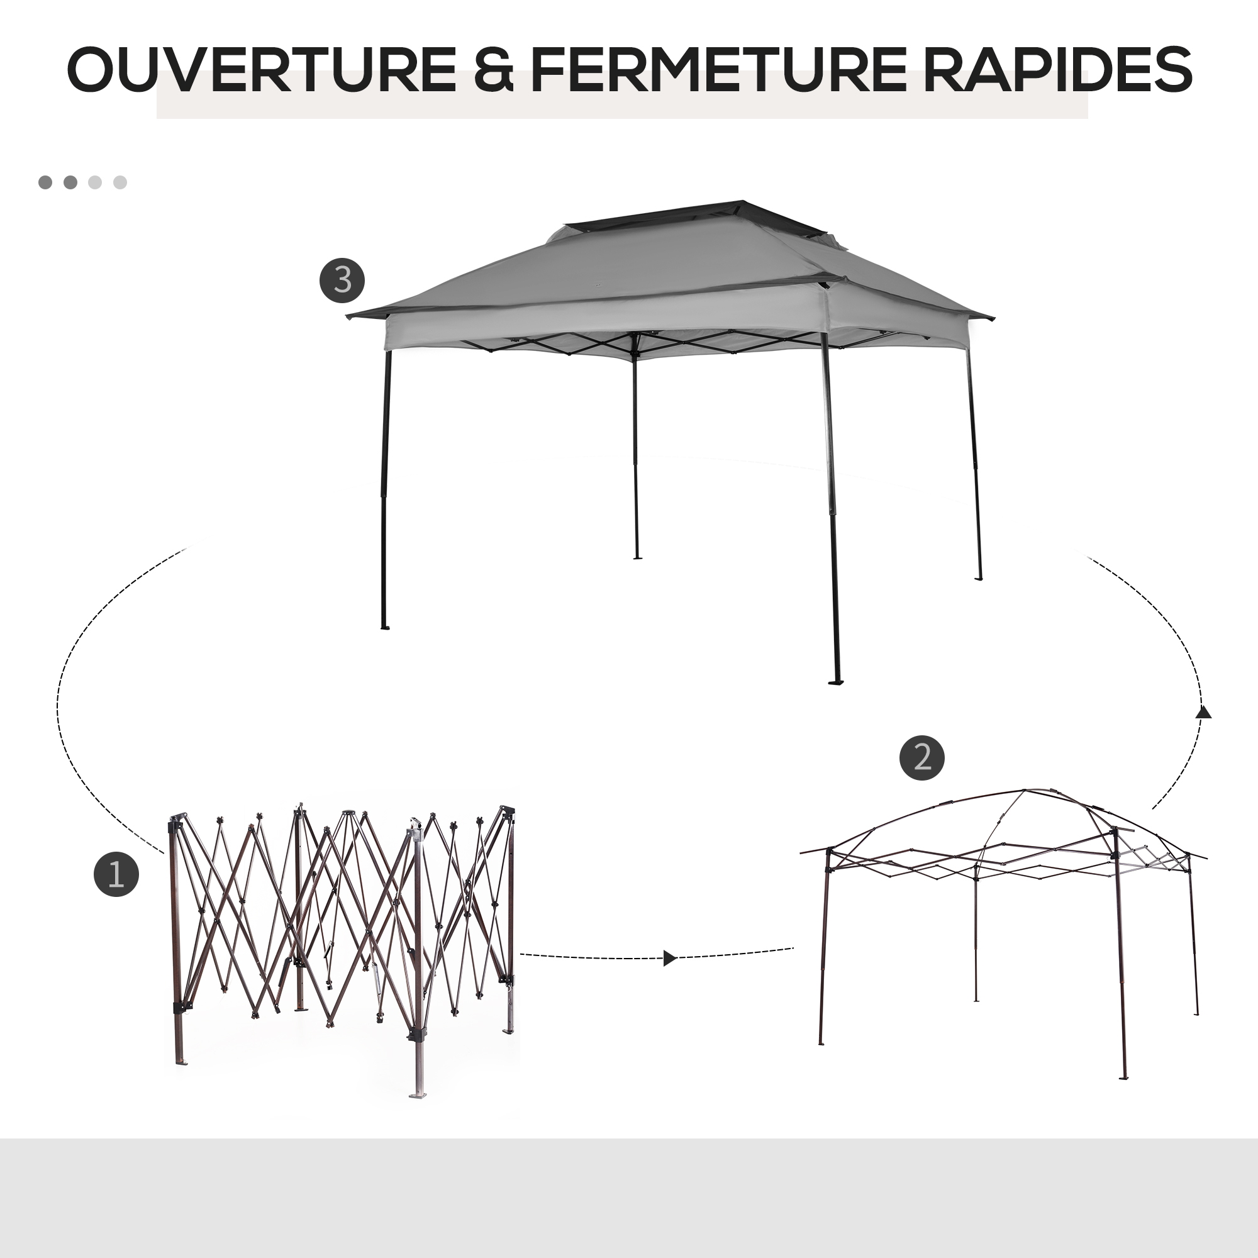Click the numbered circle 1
click(116, 874)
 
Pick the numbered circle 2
click(922, 758)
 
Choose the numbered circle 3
click(342, 281)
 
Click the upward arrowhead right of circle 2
click(1203, 713)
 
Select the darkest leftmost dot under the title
click(45, 182)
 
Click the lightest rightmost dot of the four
click(120, 182)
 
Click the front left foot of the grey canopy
click(385, 628)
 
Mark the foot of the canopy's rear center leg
click(637, 557)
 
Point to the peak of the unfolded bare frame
click(1023, 791)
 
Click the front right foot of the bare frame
click(1123, 1077)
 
